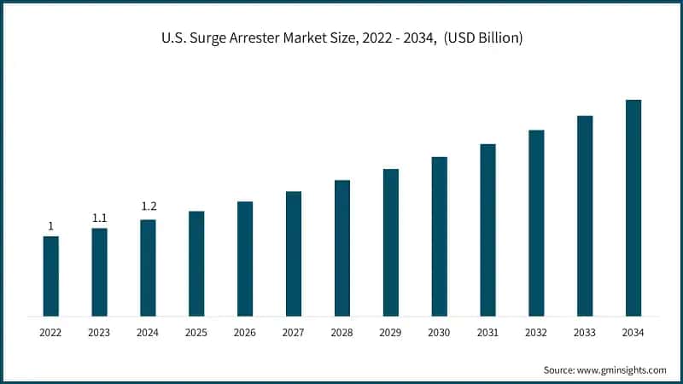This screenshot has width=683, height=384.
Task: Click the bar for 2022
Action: tap(51, 276)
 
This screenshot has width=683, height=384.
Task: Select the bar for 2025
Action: tap(196, 263)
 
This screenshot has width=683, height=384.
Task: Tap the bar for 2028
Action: tap(342, 247)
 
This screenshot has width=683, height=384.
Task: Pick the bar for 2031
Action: tap(487, 230)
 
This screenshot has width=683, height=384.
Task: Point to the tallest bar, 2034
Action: tap(633, 207)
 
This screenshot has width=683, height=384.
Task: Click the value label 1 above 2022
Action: tap(51, 226)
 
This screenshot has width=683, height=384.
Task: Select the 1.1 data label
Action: tap(100, 218)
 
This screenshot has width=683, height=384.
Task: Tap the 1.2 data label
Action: tap(149, 207)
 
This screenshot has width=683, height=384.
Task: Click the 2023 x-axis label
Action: tap(100, 332)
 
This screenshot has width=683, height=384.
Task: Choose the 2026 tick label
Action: tap(245, 332)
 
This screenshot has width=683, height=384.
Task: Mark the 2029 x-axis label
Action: tap(391, 332)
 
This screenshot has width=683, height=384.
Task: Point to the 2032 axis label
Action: tap(536, 332)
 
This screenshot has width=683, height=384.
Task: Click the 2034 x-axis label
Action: tap(633, 332)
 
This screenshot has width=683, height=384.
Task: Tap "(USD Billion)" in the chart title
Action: tap(483, 38)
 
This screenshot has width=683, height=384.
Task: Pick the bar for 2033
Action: tap(585, 215)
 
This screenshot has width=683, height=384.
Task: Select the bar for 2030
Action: tap(439, 236)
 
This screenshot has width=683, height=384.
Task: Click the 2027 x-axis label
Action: tap(294, 332)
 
